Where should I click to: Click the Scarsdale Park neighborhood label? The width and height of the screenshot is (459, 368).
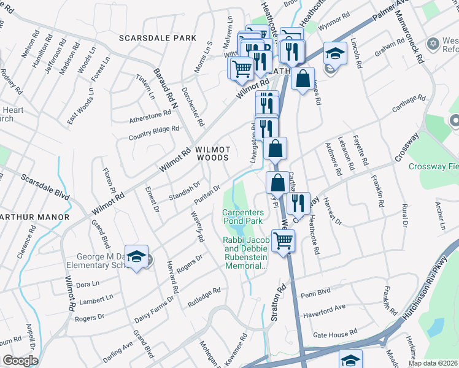pos(159,38)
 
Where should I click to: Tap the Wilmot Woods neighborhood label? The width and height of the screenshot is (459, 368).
pos(212,153)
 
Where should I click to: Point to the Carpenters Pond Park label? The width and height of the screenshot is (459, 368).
pos(242,216)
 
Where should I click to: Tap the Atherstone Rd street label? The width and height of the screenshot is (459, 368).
pos(150,115)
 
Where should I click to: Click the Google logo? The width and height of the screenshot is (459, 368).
pos(20,360)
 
